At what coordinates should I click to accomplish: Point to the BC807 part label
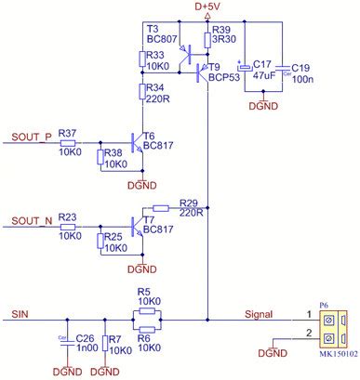coord(163,40)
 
